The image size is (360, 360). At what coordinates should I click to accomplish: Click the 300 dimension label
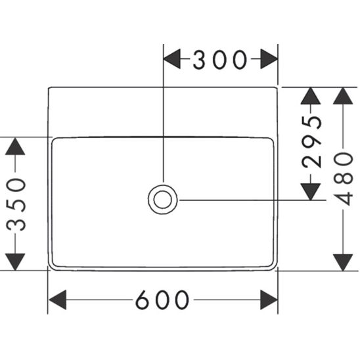[x=220, y=60]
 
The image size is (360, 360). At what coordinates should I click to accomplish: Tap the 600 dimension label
[x=162, y=300]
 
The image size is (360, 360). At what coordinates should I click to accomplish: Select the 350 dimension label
[x=16, y=204]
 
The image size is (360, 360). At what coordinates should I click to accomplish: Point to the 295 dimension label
[x=311, y=142]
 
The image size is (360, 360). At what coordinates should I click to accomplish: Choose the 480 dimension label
[x=343, y=179]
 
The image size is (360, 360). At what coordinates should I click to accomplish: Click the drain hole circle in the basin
[x=162, y=200]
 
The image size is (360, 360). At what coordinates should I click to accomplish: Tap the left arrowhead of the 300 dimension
[x=172, y=58]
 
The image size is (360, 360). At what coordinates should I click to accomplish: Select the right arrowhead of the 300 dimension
[x=269, y=58]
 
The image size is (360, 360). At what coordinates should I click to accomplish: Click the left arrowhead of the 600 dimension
[x=58, y=300]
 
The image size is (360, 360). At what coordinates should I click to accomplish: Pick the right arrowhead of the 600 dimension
[x=269, y=300]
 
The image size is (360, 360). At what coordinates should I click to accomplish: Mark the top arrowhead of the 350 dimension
[x=15, y=146]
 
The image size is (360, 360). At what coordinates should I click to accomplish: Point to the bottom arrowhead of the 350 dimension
[x=15, y=261]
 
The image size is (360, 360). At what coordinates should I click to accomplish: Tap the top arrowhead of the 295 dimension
[x=311, y=96]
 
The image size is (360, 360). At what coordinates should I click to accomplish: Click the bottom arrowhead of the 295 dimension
[x=311, y=192]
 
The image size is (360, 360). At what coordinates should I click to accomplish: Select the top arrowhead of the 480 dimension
[x=343, y=96]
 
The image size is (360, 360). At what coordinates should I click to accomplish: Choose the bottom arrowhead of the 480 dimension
[x=343, y=262]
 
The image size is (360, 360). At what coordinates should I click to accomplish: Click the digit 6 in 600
[x=143, y=300]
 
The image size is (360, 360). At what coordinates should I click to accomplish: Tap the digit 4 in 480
[x=343, y=198]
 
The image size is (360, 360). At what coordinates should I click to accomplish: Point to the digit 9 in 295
[x=311, y=142]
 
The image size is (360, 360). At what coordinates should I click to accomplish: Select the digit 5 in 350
[x=16, y=204]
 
